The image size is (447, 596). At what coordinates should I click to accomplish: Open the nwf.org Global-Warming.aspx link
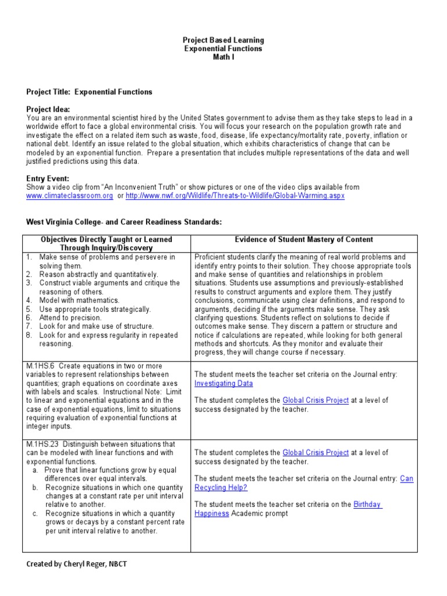tap(235, 196)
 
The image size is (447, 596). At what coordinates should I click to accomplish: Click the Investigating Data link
tap(223, 384)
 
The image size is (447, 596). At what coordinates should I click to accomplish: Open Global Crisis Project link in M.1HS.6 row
tap(315, 400)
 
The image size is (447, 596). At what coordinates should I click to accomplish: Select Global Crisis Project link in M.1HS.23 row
tap(315, 452)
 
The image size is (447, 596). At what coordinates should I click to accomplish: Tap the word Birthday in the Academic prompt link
tap(367, 505)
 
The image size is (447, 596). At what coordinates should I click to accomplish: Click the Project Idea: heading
tap(48, 109)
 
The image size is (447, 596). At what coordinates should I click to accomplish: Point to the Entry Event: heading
tap(48, 179)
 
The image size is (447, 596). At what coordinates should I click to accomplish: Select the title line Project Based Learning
tap(223, 40)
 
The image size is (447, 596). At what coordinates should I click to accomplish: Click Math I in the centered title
tap(223, 58)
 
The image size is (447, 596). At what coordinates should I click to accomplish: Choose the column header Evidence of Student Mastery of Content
tap(304, 240)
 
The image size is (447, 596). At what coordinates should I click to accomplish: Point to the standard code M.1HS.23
tap(42, 444)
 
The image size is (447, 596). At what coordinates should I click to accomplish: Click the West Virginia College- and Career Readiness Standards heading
tap(124, 222)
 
